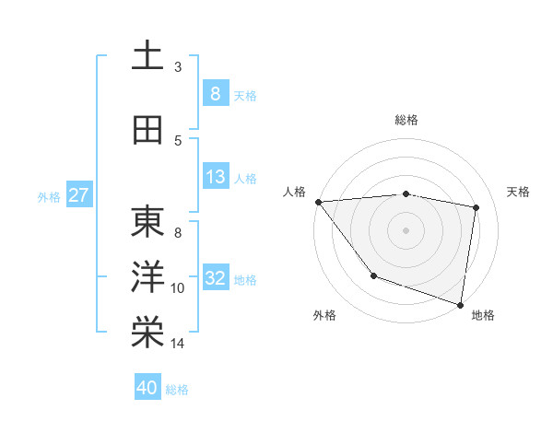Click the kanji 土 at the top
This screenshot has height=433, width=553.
[147, 56]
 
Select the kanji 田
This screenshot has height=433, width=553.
[147, 130]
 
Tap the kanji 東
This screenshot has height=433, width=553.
[147, 221]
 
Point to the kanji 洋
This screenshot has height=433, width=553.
[147, 276]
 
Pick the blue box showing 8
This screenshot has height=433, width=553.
[215, 93]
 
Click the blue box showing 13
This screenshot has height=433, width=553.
[215, 177]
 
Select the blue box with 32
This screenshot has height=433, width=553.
[215, 278]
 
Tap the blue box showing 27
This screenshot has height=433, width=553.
[78, 195]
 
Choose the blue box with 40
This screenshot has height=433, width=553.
[147, 388]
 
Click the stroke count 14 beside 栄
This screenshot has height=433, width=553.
[178, 344]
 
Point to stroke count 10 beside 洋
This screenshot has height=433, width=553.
[178, 288]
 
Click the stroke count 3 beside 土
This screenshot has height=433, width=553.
[178, 67]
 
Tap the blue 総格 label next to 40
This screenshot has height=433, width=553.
[177, 390]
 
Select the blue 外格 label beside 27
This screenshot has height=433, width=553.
[48, 196]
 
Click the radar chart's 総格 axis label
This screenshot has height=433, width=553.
[406, 120]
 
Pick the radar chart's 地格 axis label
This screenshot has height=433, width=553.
[483, 315]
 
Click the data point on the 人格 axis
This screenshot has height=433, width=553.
[318, 202]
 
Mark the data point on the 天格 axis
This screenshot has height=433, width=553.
[476, 207]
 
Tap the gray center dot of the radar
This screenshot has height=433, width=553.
[406, 229]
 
